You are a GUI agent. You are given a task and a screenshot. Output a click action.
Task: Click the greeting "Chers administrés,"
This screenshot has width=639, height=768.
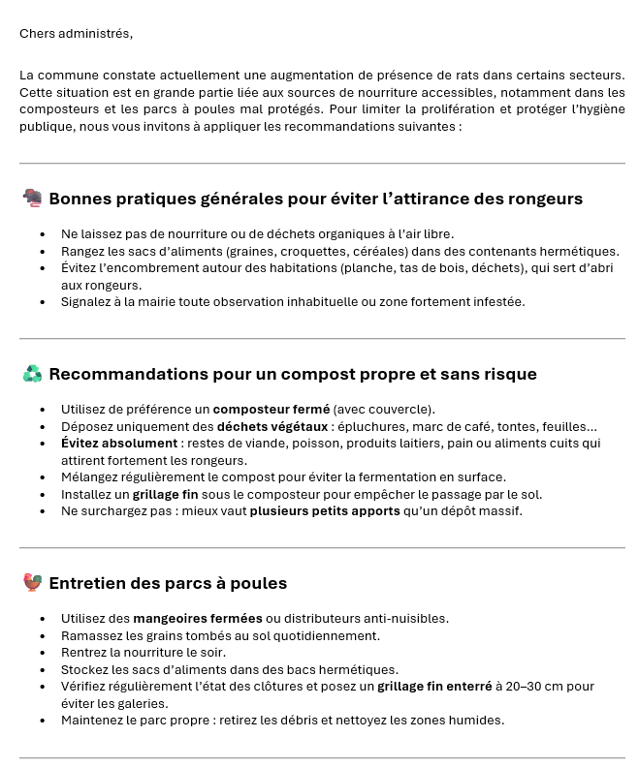76,33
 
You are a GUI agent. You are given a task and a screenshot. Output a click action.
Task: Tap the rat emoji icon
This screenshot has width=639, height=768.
32,199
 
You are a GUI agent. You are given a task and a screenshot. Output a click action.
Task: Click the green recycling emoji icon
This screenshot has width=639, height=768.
32,374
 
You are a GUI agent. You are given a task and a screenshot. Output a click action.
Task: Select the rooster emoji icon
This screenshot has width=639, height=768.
32,583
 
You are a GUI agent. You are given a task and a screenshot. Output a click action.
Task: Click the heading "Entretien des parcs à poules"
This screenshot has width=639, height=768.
168,583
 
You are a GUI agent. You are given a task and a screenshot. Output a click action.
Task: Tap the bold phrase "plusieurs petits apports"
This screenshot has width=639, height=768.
325,511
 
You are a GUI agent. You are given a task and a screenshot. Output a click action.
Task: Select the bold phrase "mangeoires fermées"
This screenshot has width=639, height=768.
198,618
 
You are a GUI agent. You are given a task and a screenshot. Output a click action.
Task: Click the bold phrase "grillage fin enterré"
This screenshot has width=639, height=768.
434,687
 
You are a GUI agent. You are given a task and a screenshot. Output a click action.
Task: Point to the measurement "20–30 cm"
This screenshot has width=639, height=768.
531,687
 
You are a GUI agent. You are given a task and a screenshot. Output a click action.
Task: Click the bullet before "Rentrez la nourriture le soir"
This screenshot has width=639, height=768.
43,653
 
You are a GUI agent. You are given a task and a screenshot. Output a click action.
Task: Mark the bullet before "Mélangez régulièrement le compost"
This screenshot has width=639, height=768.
43,477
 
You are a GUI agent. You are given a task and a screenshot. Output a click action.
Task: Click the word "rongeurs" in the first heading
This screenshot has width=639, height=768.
545,199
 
